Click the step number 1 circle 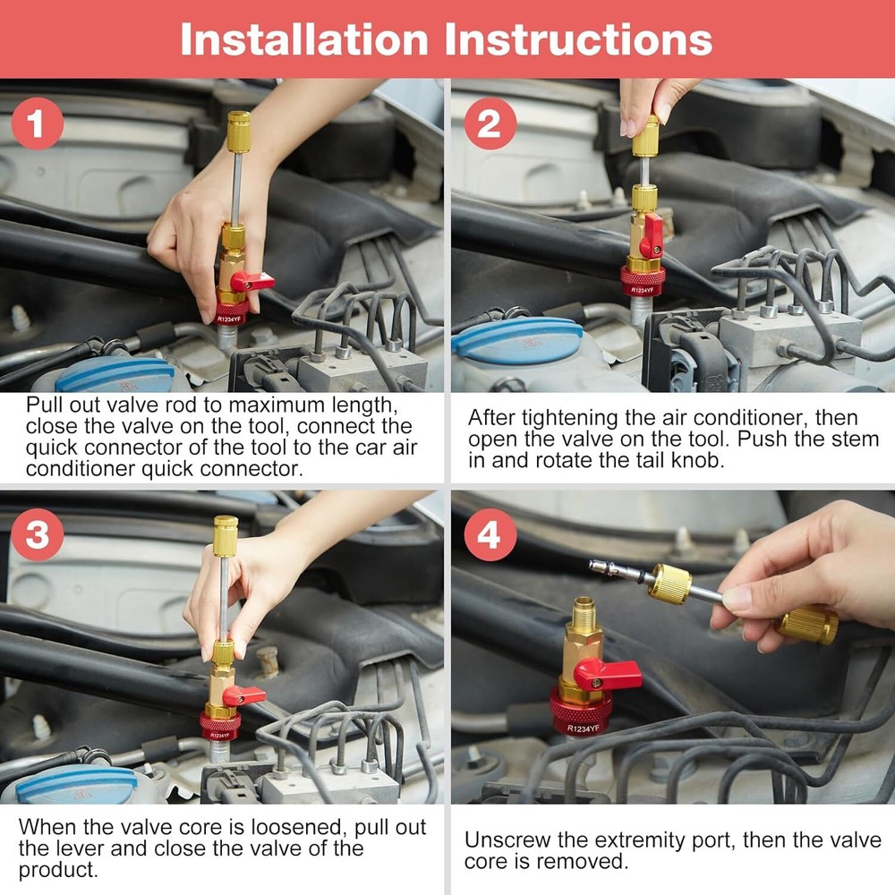point(37,125)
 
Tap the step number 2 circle point(490,124)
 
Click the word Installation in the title point(302,39)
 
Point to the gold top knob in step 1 point(238,132)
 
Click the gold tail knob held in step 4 point(807,624)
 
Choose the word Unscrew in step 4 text point(503,840)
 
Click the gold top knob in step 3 point(225,535)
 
